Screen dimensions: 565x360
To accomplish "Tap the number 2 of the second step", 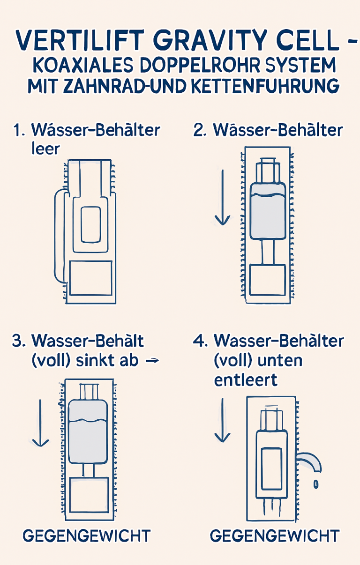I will coord(200,130).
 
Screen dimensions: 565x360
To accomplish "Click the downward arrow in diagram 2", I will coord(222,197).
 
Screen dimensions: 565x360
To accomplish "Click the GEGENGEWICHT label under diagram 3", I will coord(87,535).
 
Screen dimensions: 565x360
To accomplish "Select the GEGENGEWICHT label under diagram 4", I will coord(274,535).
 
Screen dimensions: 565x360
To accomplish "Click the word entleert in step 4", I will coord(246,380).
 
